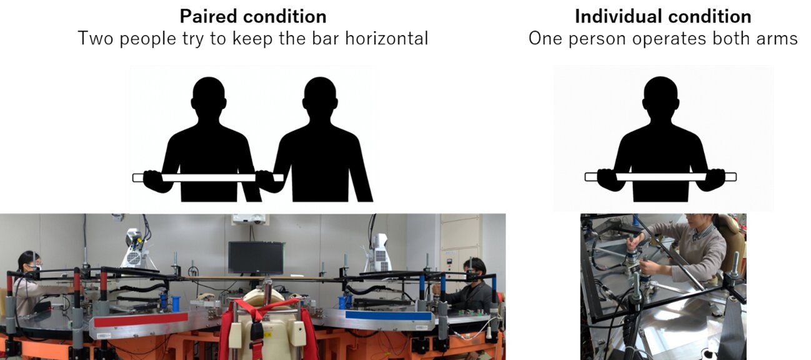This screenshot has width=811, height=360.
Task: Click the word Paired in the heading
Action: click(x=209, y=16)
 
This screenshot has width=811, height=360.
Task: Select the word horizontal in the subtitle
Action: click(x=387, y=38)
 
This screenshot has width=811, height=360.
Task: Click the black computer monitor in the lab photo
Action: click(x=256, y=258)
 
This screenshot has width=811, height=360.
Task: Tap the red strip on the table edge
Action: click(x=141, y=320)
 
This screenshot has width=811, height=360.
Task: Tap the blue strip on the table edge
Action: click(x=389, y=315)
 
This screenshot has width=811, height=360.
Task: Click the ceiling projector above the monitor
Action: click(x=249, y=219)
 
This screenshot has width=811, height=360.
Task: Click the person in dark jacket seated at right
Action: click(x=470, y=286)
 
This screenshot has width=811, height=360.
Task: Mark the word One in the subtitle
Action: click(x=545, y=38)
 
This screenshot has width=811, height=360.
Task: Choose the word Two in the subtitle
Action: click(x=96, y=38)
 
